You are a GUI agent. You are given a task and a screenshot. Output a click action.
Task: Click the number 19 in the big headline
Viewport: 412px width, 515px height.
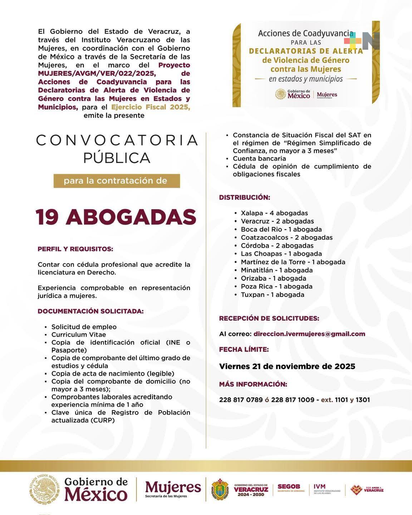pos(47,217)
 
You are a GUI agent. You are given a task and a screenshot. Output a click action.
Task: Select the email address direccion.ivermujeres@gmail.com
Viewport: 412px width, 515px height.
pos(309,334)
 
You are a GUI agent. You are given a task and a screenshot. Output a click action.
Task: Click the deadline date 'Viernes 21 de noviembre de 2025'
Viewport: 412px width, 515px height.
pos(287,366)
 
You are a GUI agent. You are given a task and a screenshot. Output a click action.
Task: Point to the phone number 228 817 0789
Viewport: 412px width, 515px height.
pos(241,400)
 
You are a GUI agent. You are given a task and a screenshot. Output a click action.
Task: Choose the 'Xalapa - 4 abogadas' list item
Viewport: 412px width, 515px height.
pos(274,213)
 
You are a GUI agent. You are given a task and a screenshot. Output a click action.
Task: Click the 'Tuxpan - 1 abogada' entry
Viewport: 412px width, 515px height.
pos(272,295)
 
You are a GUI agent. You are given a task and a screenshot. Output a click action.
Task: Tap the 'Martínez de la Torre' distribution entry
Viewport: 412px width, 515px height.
pos(293,262)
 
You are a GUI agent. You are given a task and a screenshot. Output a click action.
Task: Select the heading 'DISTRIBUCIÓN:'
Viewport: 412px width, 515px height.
pos(245,197)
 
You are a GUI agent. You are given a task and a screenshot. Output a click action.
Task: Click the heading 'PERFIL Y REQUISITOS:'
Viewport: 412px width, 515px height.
pos(75,249)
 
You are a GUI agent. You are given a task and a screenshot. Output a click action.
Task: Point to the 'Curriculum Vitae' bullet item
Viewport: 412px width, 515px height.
pos(79,335)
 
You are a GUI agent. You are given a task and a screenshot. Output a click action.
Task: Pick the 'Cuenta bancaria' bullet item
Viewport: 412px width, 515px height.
pos(259,158)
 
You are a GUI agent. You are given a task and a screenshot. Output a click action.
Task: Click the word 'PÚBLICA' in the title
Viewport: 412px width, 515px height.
pos(117,158)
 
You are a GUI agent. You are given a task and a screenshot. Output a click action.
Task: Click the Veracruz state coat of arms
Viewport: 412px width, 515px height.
pos(220,490)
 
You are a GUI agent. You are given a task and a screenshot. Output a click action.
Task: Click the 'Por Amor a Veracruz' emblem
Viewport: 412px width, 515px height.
pos(367,490)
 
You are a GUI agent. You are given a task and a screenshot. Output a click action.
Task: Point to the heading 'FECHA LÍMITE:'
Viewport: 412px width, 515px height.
pos(244,349)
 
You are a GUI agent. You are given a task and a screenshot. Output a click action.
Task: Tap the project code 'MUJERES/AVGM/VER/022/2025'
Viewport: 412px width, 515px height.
pos(97,73)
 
